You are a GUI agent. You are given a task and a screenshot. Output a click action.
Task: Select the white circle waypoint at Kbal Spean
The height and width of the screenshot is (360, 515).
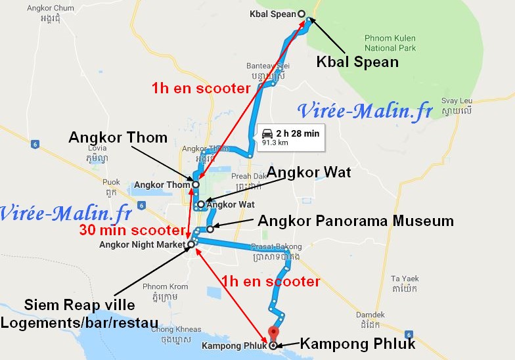click(302, 14)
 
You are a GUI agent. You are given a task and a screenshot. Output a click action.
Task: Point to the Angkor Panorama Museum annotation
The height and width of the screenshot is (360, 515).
click(355, 221)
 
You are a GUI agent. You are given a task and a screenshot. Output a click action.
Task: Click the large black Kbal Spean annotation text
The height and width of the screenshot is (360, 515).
click(358, 62)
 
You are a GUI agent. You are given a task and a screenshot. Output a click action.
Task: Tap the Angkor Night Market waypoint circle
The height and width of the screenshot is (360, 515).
click(191, 245)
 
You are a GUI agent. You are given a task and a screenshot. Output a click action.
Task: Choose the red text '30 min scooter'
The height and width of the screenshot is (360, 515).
click(131, 231)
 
